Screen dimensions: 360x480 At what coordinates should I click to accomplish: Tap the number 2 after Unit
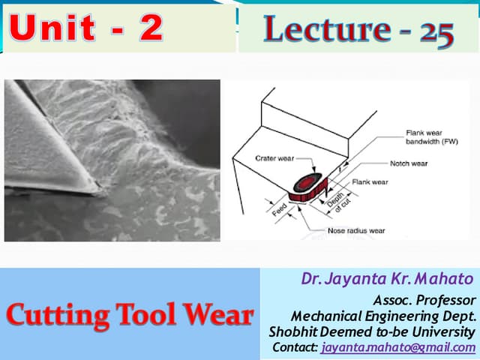point(150,28)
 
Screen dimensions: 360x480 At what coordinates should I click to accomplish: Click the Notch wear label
point(409,163)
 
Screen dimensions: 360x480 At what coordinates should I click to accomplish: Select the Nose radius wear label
point(355,230)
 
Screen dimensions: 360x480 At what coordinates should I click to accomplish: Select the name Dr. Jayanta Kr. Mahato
point(388,279)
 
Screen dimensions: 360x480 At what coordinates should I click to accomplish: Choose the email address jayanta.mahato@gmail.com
point(398,347)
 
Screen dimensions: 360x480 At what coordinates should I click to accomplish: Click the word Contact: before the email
point(295,347)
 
